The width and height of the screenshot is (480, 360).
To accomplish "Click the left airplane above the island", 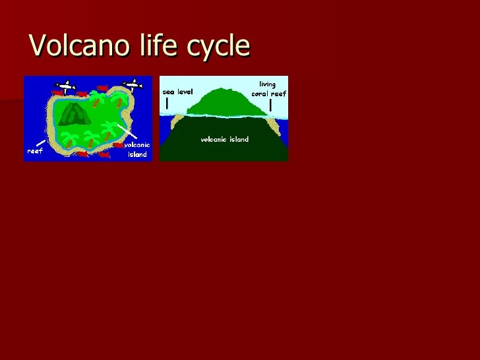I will click(x=65, y=85).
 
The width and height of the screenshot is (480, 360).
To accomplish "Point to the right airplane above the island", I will click(x=134, y=84).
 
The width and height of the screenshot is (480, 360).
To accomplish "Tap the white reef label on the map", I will click(x=34, y=150).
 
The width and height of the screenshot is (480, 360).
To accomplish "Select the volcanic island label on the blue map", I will click(x=137, y=150).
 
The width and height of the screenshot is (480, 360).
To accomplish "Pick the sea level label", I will click(x=177, y=92).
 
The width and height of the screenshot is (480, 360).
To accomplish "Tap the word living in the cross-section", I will click(x=267, y=84).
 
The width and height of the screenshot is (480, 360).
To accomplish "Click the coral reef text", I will click(x=268, y=94).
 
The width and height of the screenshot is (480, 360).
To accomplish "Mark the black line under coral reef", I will click(x=271, y=105).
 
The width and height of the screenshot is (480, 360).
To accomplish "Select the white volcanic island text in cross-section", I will click(x=224, y=140).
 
